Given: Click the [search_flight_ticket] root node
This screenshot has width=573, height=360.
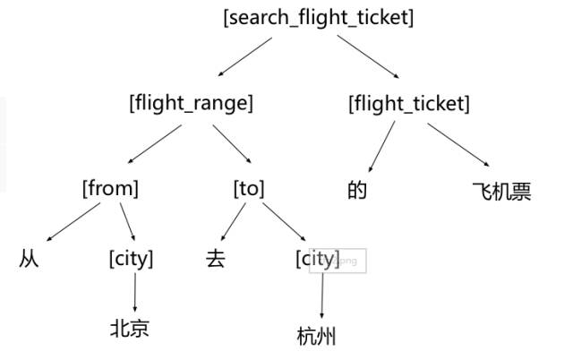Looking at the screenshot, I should coord(319,17).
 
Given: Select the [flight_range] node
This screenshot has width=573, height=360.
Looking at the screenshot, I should coord(192,103).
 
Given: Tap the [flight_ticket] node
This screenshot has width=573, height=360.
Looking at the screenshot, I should coord(408,104).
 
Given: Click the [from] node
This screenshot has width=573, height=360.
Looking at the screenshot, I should coord(111,189).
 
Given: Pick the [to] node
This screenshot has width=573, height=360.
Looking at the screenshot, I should coord(249,189).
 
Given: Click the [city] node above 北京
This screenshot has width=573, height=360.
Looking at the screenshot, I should coord(131,259).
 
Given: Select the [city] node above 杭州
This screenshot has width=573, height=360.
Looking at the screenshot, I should coord(317,259).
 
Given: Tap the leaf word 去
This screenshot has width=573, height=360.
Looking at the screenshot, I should coord(216,260).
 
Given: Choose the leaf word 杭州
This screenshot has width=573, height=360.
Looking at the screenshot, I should coord(316,337).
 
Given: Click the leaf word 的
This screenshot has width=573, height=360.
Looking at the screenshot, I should coord(358,191).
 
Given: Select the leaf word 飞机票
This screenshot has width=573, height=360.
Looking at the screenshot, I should coord(501,191).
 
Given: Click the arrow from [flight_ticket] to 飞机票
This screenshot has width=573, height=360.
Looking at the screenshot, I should coord(458,144).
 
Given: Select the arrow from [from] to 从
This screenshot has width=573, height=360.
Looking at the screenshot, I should coord(73,223).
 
